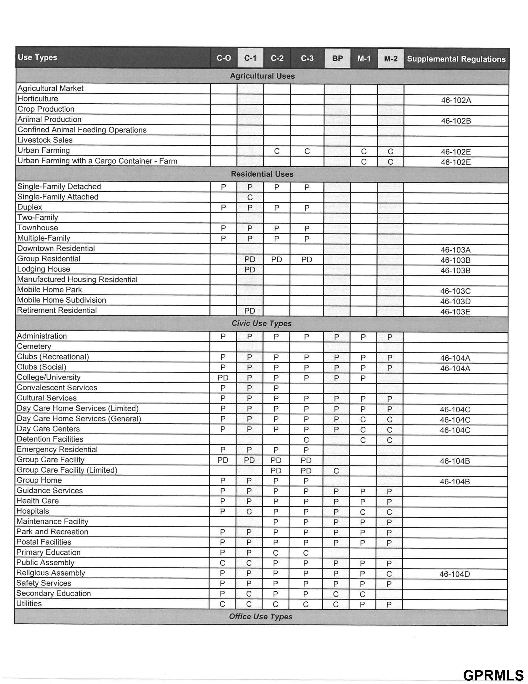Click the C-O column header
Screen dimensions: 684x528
click(x=223, y=58)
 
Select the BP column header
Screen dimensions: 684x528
click(x=337, y=58)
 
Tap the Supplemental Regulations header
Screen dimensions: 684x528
click(x=456, y=59)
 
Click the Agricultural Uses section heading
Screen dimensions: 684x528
click(x=262, y=76)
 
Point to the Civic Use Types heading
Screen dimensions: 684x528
click(x=261, y=324)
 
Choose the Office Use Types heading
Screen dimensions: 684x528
click(x=260, y=616)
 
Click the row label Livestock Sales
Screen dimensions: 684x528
click(x=45, y=140)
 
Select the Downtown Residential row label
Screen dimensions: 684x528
click(x=56, y=248)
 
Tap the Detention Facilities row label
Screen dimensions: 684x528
click(x=50, y=439)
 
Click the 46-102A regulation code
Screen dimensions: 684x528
click(x=456, y=100)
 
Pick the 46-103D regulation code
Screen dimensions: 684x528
click(x=455, y=301)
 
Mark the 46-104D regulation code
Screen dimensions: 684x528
click(x=454, y=574)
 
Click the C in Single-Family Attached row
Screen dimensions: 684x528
click(x=250, y=198)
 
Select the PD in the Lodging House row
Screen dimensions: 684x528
click(x=250, y=270)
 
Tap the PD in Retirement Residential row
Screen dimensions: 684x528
click(x=250, y=311)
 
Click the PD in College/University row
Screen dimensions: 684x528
click(x=223, y=378)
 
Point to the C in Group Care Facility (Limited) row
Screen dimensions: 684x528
click(x=336, y=471)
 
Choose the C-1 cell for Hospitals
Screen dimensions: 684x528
click(x=249, y=512)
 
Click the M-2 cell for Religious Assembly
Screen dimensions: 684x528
click(x=389, y=574)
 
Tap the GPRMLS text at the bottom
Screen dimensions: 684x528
click(x=493, y=675)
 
